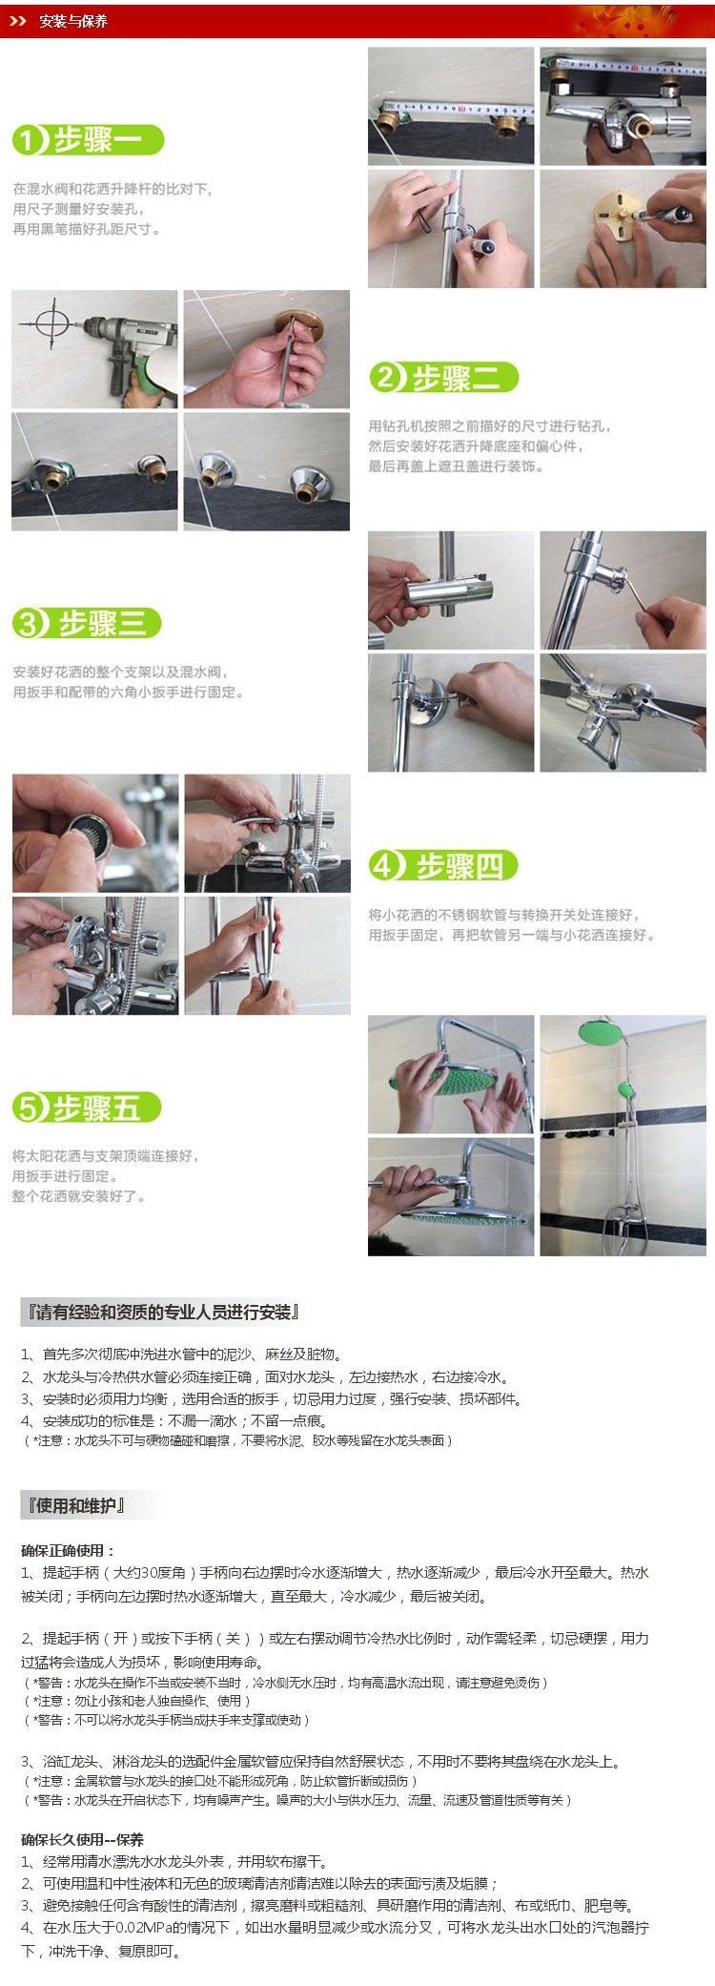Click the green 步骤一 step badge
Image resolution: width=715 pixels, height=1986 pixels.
[88, 141]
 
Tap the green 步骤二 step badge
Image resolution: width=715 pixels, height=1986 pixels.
[444, 378]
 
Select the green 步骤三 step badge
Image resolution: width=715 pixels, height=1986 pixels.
[87, 624]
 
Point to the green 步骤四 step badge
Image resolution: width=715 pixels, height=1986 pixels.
[443, 866]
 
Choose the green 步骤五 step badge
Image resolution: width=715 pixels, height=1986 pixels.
[87, 1107]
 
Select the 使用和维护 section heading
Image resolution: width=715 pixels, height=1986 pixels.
[76, 1505]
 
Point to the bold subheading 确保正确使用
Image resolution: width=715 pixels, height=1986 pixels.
[68, 1551]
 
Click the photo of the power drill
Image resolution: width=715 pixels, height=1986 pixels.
[94, 349]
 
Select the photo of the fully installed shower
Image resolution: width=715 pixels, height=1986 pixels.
[623, 1135]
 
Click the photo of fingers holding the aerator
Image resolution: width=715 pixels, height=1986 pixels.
[95, 834]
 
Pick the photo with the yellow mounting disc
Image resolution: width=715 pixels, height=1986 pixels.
[623, 229]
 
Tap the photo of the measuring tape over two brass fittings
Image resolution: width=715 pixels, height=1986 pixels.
[451, 107]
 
